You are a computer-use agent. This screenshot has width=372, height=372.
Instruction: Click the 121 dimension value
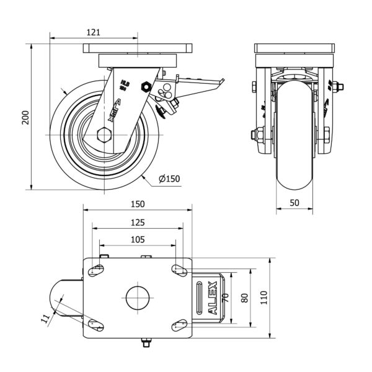[92, 32]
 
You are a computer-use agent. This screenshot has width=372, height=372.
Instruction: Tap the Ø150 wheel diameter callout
[169, 179]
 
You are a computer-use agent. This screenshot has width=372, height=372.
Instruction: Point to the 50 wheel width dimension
[294, 203]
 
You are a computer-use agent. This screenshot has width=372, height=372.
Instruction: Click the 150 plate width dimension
[137, 203]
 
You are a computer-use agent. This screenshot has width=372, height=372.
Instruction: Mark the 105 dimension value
[137, 239]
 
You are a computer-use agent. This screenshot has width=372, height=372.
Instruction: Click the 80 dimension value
[244, 298]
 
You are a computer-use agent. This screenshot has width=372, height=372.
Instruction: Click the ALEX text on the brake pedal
[213, 298]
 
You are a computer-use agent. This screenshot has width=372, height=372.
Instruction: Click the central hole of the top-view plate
[137, 298]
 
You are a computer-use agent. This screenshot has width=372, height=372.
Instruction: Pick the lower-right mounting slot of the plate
[179, 322]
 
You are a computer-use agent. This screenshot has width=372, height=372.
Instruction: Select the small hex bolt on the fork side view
[146, 86]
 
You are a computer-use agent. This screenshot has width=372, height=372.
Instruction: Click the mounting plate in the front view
[295, 49]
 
